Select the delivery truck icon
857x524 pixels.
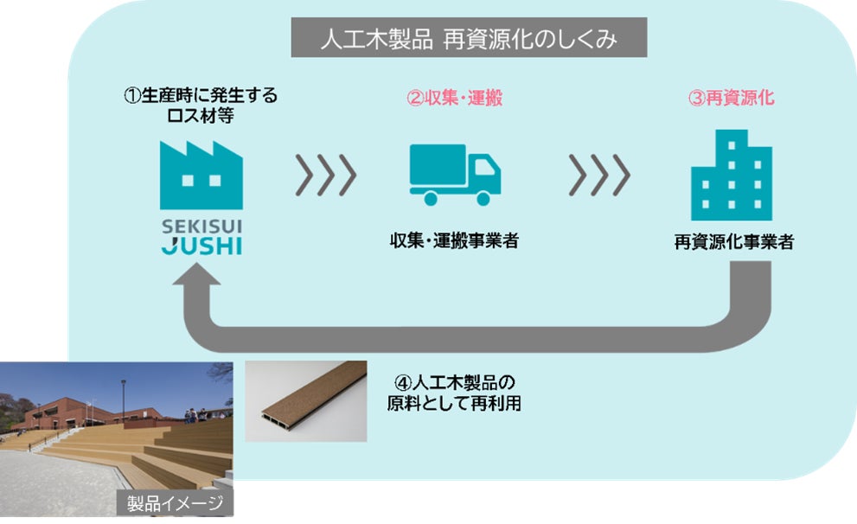coord(454,176)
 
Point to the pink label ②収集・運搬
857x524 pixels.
coord(455,98)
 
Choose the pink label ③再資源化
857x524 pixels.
coord(731,98)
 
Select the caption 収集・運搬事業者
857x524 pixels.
coord(454,241)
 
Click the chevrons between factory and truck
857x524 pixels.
coord(325,176)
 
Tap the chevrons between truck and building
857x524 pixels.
coord(599,176)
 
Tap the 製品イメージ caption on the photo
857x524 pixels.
coord(176,503)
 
